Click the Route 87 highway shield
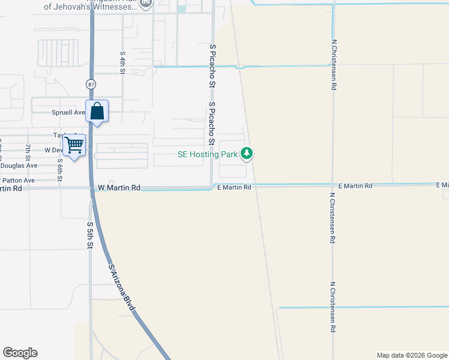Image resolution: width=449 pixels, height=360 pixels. [x=90, y=83]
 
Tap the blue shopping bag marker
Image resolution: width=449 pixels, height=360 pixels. [x=97, y=112]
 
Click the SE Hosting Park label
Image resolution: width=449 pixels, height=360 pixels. [x=208, y=154]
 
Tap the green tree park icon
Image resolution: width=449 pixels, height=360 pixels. [x=247, y=154]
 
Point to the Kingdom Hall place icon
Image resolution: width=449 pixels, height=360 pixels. [x=146, y=4]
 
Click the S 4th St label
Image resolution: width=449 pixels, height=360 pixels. [x=122, y=62]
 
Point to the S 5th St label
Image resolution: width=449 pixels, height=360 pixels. [x=90, y=235]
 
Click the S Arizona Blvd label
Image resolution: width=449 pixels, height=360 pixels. [x=122, y=287]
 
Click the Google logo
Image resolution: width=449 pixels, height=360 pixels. [x=20, y=353]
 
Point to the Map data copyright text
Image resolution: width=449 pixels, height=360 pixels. [x=411, y=355]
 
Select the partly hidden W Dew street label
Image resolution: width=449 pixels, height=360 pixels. [x=53, y=150]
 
